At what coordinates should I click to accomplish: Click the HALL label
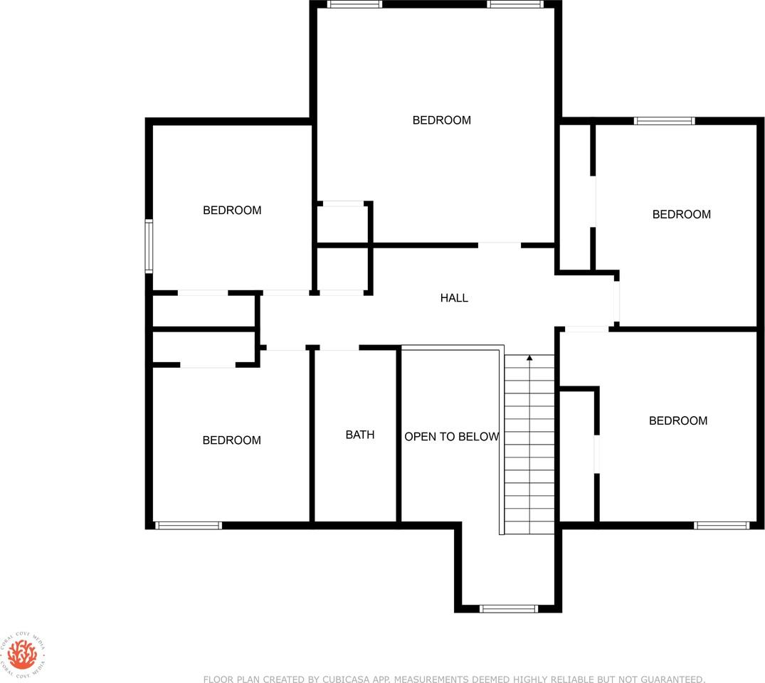click(x=454, y=298)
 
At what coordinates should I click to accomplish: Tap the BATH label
click(x=360, y=435)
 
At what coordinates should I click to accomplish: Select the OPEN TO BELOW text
click(x=452, y=437)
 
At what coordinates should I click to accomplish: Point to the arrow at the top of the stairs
click(x=529, y=358)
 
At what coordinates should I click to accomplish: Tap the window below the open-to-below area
click(x=508, y=608)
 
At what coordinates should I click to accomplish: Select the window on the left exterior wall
click(x=149, y=246)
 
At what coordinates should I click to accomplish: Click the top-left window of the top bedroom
click(x=354, y=4)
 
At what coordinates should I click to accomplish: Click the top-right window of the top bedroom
click(x=515, y=4)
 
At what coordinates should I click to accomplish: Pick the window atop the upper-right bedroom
click(x=664, y=121)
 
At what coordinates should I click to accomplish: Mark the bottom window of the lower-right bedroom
click(x=722, y=525)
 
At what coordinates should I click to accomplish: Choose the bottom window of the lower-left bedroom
click(x=189, y=525)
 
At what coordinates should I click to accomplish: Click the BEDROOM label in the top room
click(x=442, y=120)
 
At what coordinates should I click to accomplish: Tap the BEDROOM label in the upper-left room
click(x=232, y=211)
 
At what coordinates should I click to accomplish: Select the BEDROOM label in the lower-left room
click(x=232, y=440)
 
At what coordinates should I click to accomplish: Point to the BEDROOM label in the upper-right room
click(x=682, y=214)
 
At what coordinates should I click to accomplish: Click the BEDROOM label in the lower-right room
click(x=678, y=420)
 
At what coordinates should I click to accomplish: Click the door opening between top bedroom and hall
click(x=499, y=245)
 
